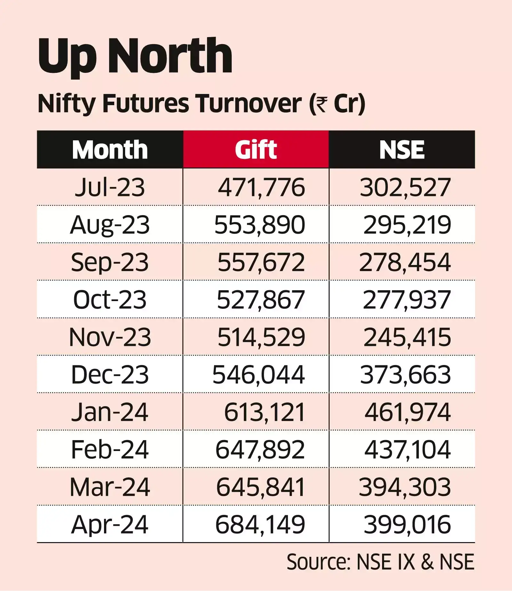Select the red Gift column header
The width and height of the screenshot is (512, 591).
(256, 150)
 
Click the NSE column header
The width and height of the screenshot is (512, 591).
(402, 150)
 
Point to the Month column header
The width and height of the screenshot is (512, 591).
(110, 150)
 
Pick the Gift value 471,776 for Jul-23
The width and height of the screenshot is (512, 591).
(261, 188)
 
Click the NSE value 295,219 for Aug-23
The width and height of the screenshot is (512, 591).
(407, 225)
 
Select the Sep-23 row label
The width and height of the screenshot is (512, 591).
(110, 262)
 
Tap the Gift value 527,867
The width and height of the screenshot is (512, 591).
(260, 300)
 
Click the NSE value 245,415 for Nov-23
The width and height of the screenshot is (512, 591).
(407, 337)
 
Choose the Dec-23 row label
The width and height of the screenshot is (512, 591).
(110, 375)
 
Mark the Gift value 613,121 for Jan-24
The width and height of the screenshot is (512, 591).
(264, 412)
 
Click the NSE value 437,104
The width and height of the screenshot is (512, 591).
(407, 450)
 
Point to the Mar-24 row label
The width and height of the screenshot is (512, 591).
(110, 487)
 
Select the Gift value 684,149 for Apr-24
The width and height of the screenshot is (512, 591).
(260, 525)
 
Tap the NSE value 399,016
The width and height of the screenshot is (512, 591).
(407, 525)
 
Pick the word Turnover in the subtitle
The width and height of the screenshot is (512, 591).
(249, 104)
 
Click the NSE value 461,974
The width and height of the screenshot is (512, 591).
(407, 412)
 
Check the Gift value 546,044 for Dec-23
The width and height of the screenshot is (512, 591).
(258, 375)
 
